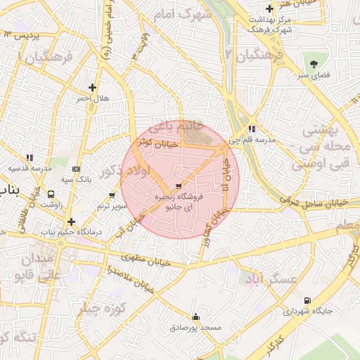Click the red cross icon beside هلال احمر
(92, 88)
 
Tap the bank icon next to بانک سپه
(76, 169)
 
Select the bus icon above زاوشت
(51, 193)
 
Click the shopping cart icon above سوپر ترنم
(112, 195)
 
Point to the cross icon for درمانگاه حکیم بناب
(71, 221)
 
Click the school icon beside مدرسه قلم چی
(251, 129)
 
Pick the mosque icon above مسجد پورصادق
(195, 317)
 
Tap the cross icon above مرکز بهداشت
(270, 9)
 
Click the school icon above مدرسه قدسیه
(29, 158)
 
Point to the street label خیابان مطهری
(146, 259)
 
